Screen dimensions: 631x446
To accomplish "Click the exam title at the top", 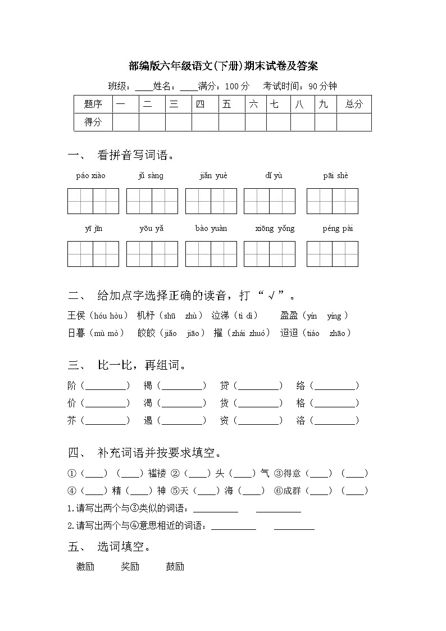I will [223, 66].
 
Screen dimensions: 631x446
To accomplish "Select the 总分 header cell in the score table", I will [354, 104].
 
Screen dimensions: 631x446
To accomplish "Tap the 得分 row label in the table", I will [93, 122].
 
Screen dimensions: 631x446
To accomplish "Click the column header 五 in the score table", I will [227, 104].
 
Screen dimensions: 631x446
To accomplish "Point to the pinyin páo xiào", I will [91, 176].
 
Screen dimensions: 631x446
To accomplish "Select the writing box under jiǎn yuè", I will [211, 201].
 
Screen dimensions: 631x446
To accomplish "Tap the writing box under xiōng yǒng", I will [270, 254].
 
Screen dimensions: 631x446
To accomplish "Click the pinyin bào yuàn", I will [211, 229].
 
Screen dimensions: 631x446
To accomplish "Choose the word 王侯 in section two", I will [76, 316].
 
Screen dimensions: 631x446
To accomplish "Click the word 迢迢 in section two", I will [289, 333].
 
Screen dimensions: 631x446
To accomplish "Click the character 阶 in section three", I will [72, 386].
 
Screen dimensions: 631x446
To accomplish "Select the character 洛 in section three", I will [301, 421].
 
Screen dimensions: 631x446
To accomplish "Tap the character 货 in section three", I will [225, 403].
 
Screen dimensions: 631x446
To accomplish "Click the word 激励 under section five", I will [85, 566].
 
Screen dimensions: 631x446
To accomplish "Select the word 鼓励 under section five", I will [175, 566].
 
